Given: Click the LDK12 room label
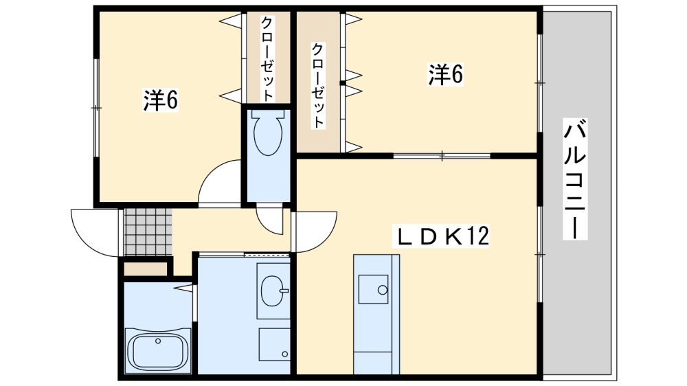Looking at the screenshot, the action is point(442,237).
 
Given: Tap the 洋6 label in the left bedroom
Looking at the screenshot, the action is point(160,100).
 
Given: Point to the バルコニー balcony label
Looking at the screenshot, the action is point(575,179).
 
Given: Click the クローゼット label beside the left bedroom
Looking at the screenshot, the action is point(267,58).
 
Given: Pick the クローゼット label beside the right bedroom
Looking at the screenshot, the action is point(318,85).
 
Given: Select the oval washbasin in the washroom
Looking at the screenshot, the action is point(274,290).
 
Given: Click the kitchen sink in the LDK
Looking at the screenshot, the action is point(373,289).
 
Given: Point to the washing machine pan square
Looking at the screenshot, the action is point(274,344).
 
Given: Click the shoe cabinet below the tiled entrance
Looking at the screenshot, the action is point(146,269).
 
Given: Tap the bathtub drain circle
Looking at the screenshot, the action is point(157,341).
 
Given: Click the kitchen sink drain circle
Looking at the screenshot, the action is point(383,289).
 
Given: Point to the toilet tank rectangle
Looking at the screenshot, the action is point(268,113).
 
